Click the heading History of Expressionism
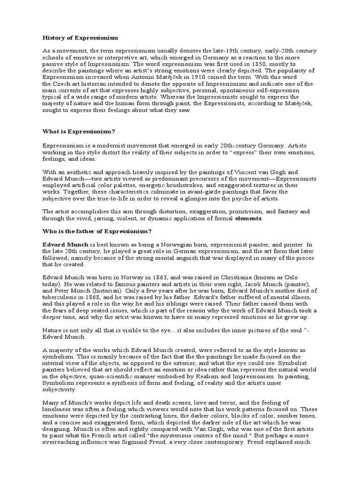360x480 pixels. [x=80, y=37]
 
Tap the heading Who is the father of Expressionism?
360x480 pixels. [x=97, y=232]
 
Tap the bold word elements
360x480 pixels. [x=248, y=218]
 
